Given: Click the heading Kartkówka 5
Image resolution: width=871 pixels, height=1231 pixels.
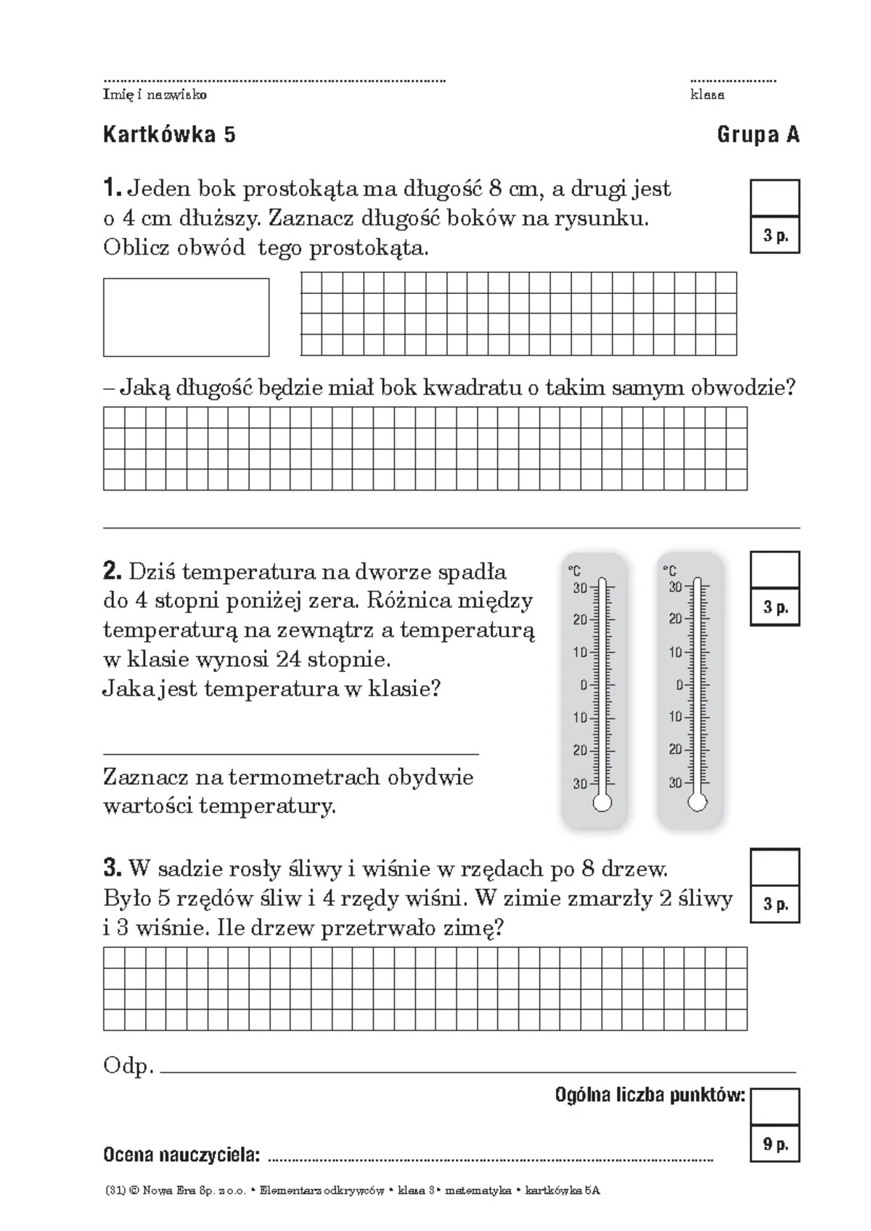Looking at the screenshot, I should pyautogui.click(x=169, y=135).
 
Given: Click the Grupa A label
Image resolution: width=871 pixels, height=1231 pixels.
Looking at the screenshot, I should pyautogui.click(x=758, y=135).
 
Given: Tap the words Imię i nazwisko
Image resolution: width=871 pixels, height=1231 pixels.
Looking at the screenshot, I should pyautogui.click(x=155, y=95).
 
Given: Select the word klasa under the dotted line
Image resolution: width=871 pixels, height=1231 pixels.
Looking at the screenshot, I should pyautogui.click(x=707, y=95).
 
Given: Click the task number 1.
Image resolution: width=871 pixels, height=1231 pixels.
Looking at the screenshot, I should pyautogui.click(x=112, y=189).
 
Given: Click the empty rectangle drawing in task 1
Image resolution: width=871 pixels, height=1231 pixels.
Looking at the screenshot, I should pyautogui.click(x=186, y=317).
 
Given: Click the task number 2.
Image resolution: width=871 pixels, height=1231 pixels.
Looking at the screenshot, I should pyautogui.click(x=113, y=572).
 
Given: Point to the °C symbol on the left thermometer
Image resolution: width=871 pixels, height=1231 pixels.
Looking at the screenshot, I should pyautogui.click(x=574, y=571).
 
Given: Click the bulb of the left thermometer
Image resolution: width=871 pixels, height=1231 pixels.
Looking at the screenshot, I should pyautogui.click(x=602, y=802).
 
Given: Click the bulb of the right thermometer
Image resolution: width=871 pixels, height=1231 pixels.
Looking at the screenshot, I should pyautogui.click(x=698, y=801).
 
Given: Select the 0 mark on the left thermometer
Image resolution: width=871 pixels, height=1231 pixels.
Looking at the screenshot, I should pyautogui.click(x=583, y=684).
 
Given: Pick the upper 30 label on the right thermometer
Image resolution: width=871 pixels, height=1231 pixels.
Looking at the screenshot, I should pyautogui.click(x=675, y=586).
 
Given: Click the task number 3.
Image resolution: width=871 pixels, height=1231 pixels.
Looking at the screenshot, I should pyautogui.click(x=113, y=868).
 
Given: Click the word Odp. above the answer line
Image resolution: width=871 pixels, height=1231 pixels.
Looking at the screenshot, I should pyautogui.click(x=128, y=1066).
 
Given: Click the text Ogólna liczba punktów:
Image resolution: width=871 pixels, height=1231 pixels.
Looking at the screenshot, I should pyautogui.click(x=650, y=1095).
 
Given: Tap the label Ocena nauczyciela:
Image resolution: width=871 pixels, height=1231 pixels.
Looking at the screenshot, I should pyautogui.click(x=181, y=1154).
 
